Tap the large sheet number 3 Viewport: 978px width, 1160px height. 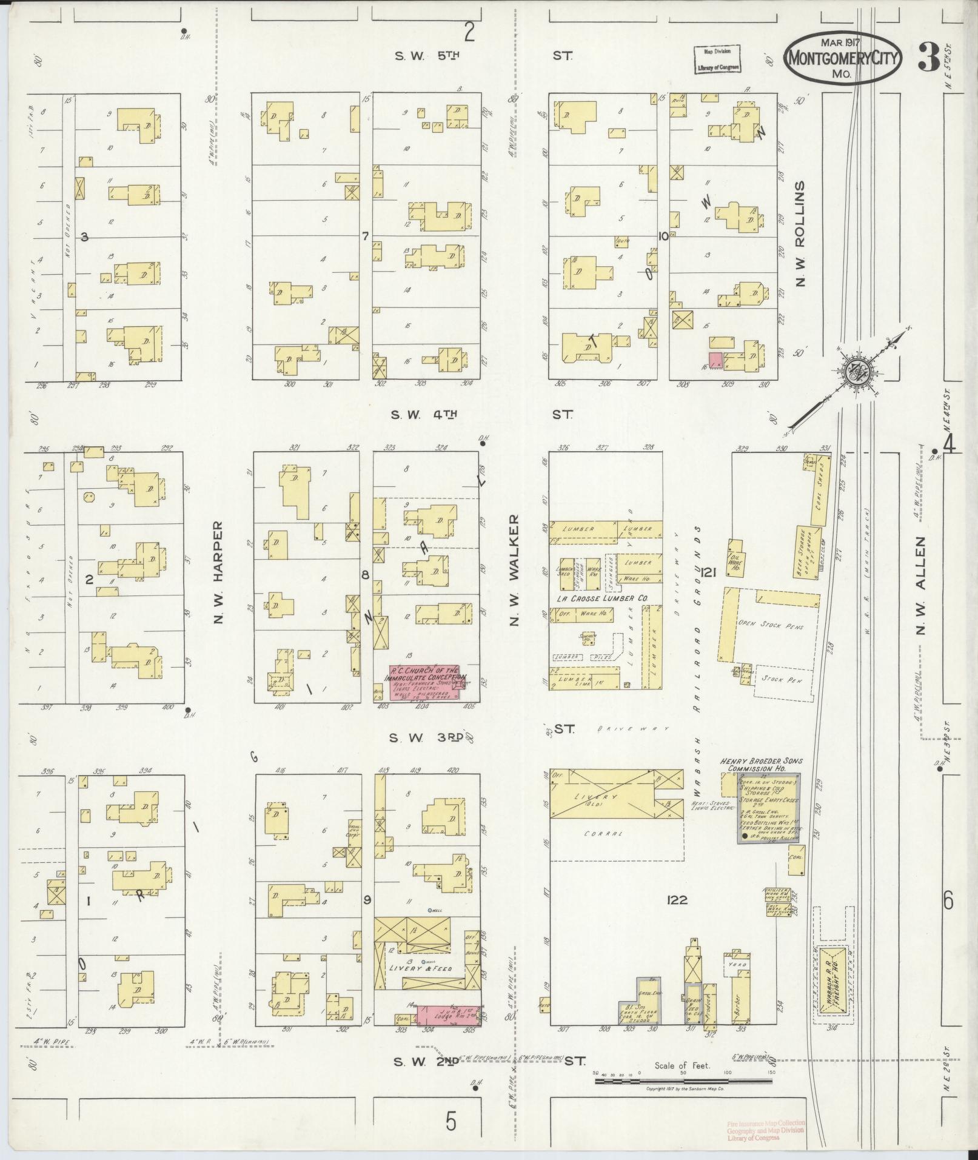point(925,58)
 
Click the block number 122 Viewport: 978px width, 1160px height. point(675,900)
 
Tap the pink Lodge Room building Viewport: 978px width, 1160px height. point(447,1015)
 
